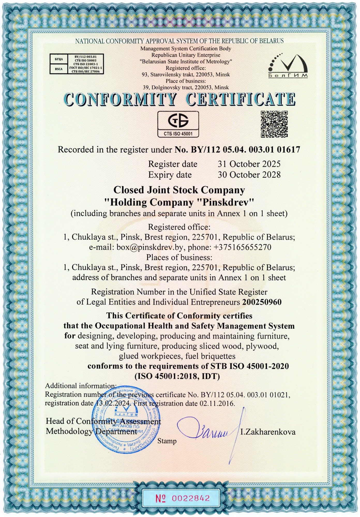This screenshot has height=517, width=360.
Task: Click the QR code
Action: pyautogui.click(x=274, y=124)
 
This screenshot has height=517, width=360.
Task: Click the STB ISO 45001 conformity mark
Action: pyautogui.click(x=178, y=124)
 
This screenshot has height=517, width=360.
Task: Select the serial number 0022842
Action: pyautogui.click(x=191, y=498)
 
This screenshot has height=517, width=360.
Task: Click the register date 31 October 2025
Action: pyautogui.click(x=249, y=164)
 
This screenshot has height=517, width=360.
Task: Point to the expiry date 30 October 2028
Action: pyautogui.click(x=249, y=175)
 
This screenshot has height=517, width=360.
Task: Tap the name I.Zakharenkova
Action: pyautogui.click(x=268, y=432)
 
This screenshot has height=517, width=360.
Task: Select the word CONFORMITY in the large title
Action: pyautogui.click(x=120, y=99)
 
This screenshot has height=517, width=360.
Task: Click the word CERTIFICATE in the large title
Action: pyautogui.click(x=241, y=99)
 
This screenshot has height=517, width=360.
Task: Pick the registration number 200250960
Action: pyautogui.click(x=262, y=302)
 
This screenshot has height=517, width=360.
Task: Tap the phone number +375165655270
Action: pyautogui.click(x=242, y=247)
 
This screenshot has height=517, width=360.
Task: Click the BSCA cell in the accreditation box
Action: pyautogui.click(x=59, y=69)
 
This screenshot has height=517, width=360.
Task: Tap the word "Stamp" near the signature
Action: pyautogui.click(x=167, y=441)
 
